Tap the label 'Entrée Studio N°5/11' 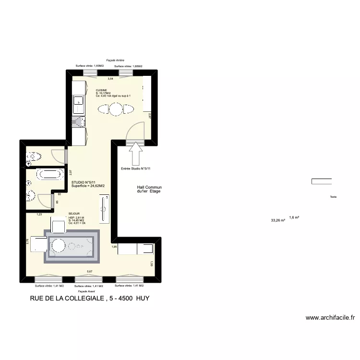coord(136,168)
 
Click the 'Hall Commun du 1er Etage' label coord(149,189)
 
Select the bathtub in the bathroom coord(48,174)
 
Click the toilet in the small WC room coord(34,156)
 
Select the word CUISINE coord(101,90)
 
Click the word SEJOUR coord(74,214)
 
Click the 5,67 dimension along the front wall coord(89,271)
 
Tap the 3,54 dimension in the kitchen coord(110,78)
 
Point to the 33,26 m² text coord(278,221)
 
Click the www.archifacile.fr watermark coord(330,317)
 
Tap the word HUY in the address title coord(142,299)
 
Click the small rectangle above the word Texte coord(321,181)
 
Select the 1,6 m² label coord(294,217)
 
